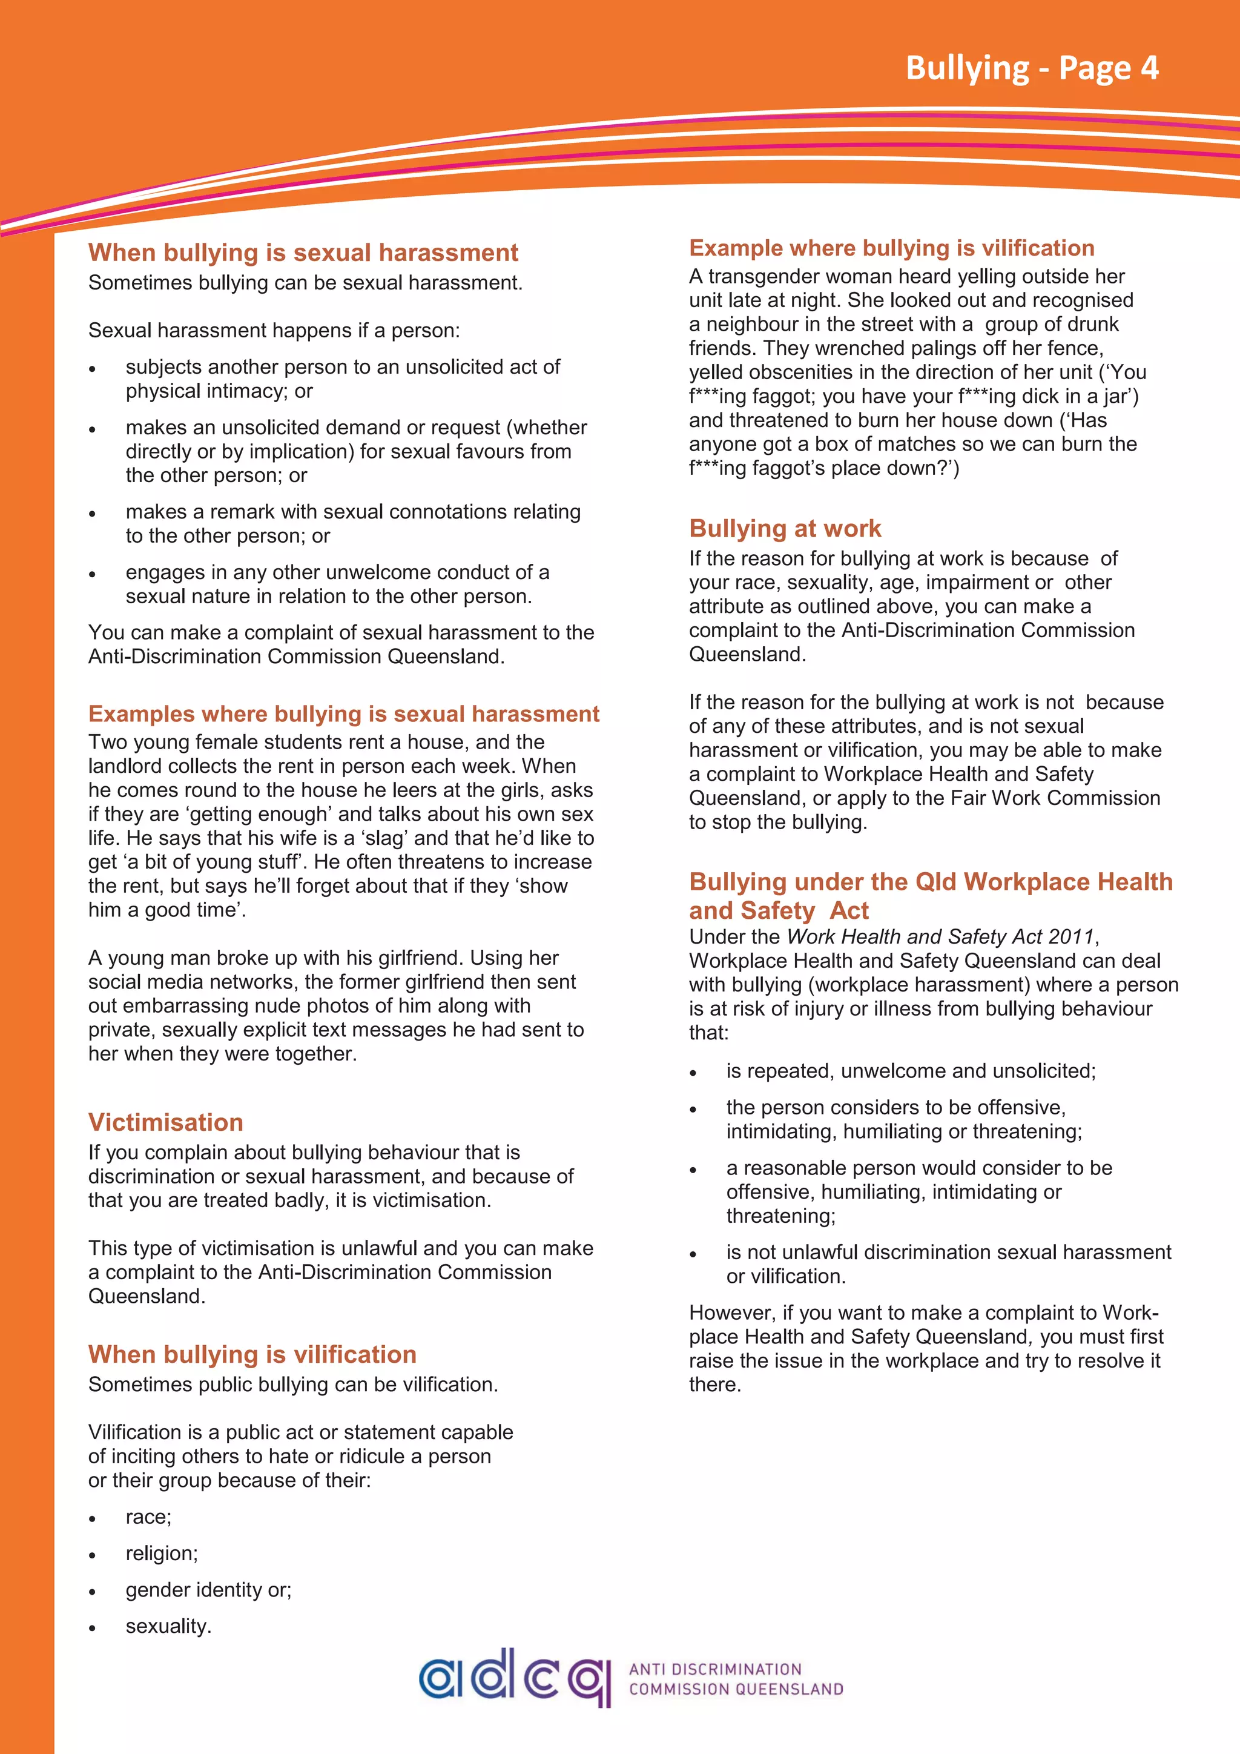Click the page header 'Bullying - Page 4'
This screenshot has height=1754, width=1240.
pos(1032,68)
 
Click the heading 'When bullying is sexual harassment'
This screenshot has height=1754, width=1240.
pos(303,252)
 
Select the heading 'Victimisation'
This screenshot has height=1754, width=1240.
pos(166,1122)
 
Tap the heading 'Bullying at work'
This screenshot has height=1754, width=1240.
pos(785,528)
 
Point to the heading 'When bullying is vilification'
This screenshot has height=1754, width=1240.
pos(252,1354)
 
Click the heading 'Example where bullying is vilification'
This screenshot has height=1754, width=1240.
pos(891,248)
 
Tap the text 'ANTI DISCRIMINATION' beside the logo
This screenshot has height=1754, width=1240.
pos(714,1669)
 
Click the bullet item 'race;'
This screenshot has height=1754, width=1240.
pos(148,1517)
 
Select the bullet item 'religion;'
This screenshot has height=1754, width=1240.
pos(161,1553)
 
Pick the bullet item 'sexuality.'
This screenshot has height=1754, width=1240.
pos(168,1626)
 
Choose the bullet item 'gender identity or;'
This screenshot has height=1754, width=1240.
pos(208,1590)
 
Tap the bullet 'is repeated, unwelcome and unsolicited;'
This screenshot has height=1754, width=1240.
pos(910,1070)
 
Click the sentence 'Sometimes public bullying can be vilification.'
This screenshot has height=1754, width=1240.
pos(293,1385)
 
